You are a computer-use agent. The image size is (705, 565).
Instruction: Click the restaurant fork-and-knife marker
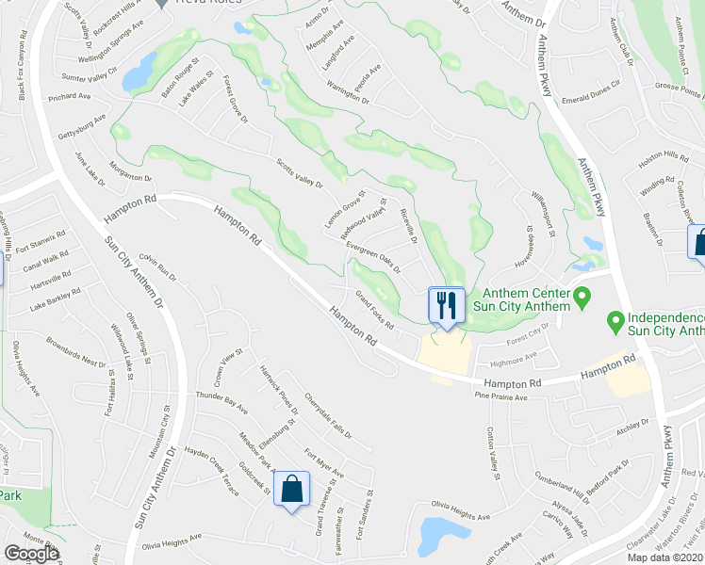coord(447,305)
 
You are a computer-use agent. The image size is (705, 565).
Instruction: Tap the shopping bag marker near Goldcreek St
coord(291,489)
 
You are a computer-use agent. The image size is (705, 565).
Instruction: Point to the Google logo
coord(31,554)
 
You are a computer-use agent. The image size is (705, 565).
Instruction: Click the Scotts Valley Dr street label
coord(299,171)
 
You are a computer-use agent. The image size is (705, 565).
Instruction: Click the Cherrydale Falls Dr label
coord(327,415)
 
